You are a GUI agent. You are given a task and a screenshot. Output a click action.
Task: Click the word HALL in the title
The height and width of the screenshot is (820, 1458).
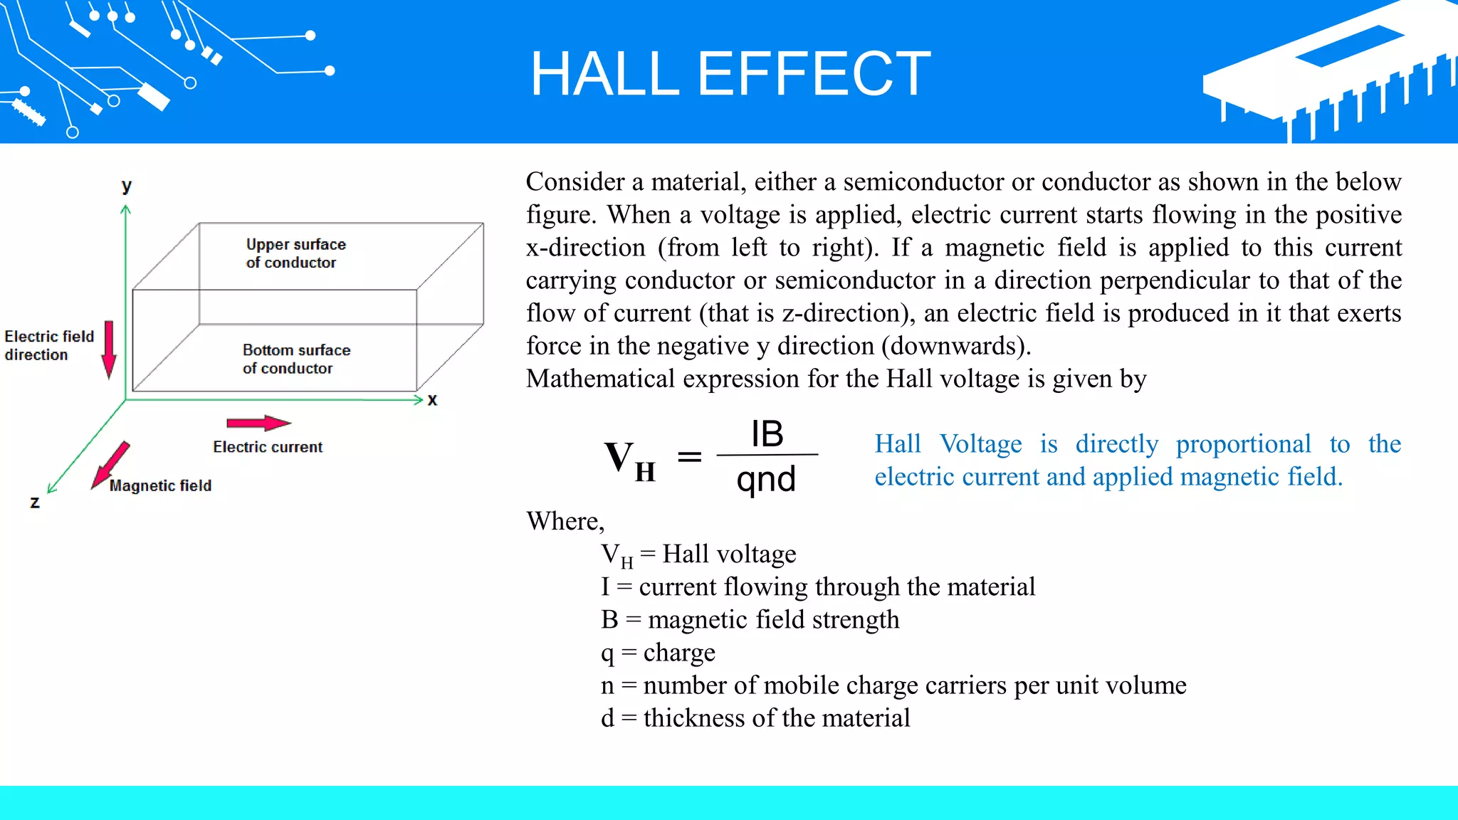[x=604, y=74]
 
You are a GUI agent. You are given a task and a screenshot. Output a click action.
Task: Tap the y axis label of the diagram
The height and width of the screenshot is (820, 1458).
[x=127, y=186]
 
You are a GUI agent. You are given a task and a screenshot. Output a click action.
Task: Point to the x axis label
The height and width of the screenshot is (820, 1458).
[x=432, y=399]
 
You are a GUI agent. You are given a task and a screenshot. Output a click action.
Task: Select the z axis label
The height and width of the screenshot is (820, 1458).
[x=35, y=502]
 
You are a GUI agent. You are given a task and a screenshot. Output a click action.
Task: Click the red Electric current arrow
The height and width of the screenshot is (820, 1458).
[x=258, y=423]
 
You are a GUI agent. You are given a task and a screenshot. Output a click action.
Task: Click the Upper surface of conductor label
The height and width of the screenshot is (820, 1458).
[x=295, y=253]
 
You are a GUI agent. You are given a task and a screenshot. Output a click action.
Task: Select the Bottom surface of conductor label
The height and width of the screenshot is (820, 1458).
[x=295, y=359]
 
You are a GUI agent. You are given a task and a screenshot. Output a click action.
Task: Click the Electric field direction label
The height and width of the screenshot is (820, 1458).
[x=48, y=345]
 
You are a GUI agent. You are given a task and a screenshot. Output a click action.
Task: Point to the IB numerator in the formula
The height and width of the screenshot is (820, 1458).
[x=767, y=433]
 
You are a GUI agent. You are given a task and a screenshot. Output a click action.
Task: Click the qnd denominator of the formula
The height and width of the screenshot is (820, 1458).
[x=766, y=479]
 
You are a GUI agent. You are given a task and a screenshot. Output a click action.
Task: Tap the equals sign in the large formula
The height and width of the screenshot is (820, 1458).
[x=688, y=457]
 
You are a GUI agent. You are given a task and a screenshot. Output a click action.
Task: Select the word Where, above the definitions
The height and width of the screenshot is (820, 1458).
[x=565, y=521]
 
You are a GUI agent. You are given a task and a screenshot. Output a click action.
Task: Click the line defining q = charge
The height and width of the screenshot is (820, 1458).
[x=658, y=653]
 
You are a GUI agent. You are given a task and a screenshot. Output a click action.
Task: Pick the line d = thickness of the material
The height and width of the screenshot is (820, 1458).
[x=755, y=717]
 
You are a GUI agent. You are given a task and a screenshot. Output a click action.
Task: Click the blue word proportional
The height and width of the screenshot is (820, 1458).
[x=1243, y=444]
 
